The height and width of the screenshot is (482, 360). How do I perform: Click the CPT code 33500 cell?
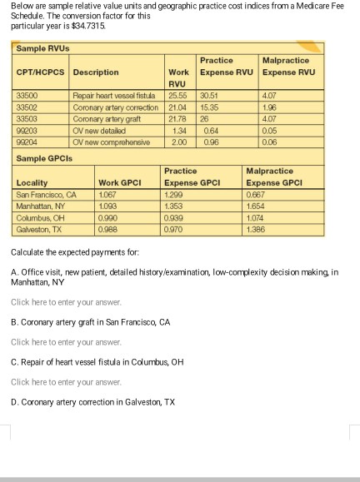coord(28,96)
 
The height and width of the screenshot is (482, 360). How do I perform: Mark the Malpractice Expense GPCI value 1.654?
coord(258,200)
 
